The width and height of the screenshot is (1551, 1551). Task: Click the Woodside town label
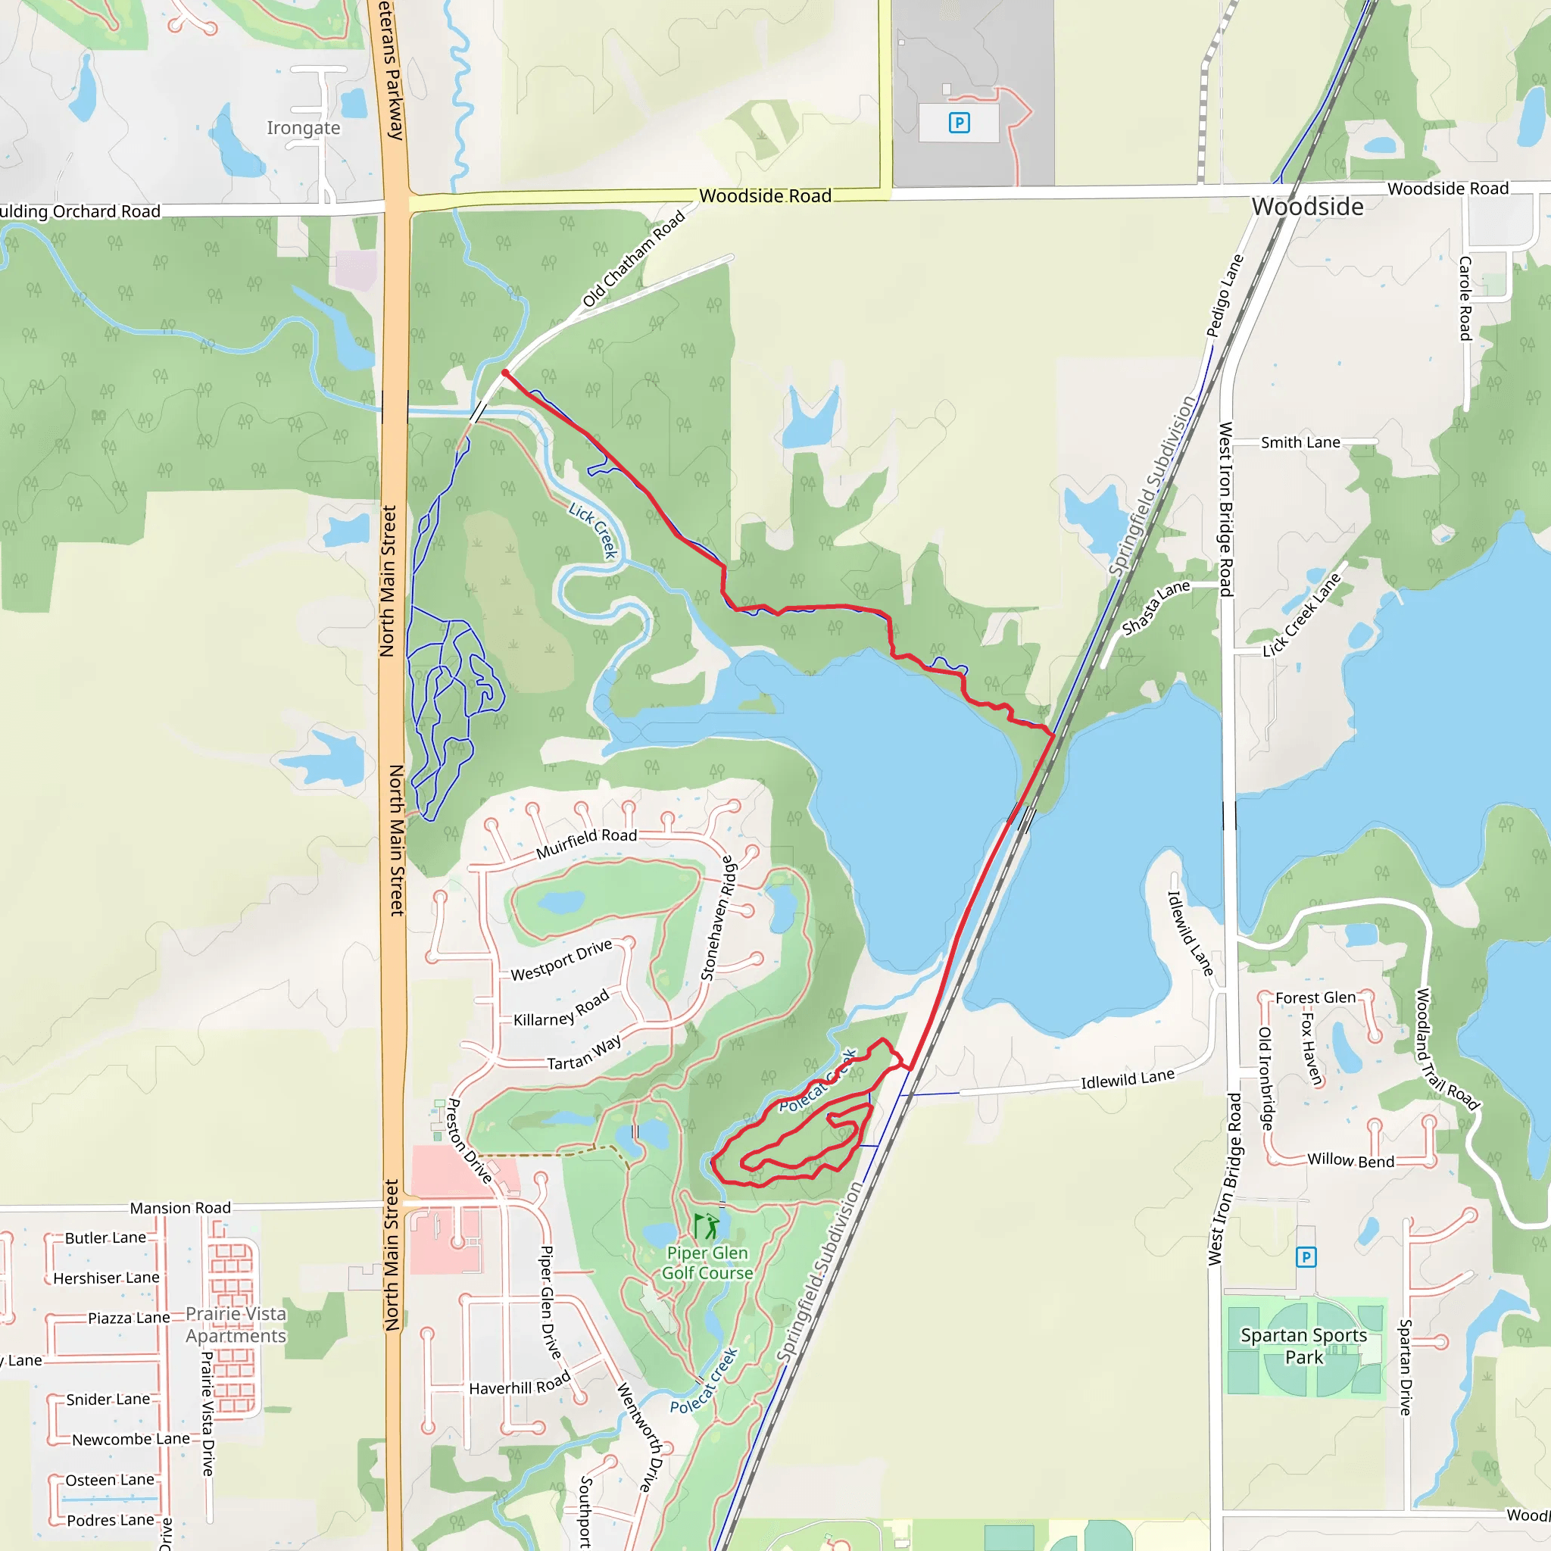point(1307,207)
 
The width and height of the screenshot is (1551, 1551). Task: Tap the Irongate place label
point(303,129)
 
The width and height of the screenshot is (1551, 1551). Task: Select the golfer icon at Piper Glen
point(706,1226)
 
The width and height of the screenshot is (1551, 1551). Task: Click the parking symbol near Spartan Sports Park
point(1306,1256)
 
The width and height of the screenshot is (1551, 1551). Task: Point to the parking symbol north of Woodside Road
point(959,123)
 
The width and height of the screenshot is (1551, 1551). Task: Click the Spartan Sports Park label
point(1304,1346)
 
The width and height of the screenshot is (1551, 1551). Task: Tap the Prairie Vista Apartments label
point(236,1325)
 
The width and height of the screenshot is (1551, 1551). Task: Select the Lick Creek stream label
point(593,530)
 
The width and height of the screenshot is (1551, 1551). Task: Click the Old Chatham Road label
point(633,258)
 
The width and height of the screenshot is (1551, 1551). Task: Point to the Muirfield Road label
point(586,842)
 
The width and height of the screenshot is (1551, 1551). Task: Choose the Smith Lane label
point(1300,442)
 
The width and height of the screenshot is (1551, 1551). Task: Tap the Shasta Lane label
point(1155,607)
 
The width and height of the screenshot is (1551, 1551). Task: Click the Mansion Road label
point(181,1208)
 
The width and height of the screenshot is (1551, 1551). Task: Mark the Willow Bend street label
point(1350,1160)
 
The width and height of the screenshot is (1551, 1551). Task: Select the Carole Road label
point(1465,298)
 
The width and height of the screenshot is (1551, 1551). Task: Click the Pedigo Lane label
point(1225,295)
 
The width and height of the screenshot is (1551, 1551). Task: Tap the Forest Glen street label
point(1315,998)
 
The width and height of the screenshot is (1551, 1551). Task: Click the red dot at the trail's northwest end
point(505,373)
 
